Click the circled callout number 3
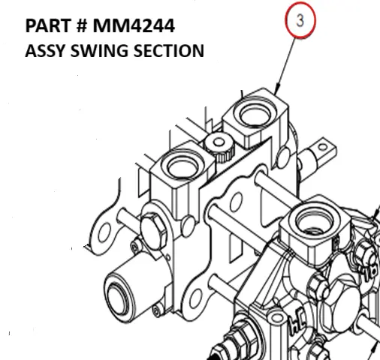[x=300, y=22]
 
